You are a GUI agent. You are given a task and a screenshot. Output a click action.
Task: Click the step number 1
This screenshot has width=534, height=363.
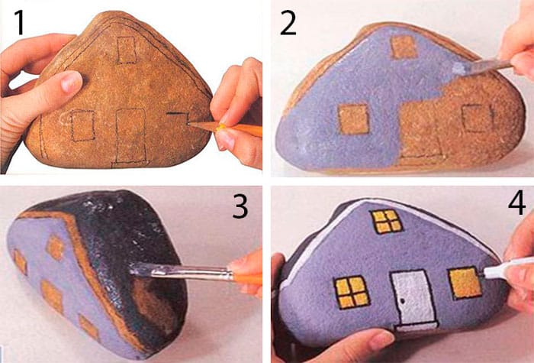pos(20,22)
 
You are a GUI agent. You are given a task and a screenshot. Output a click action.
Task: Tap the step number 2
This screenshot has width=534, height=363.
pos(288,23)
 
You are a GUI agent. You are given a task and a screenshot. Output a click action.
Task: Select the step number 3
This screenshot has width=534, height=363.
pos(240,206)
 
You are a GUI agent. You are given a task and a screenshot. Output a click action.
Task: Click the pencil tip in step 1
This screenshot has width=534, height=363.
pos(188,124)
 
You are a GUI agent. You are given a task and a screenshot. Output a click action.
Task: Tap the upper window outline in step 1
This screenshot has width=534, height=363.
pos(127,50)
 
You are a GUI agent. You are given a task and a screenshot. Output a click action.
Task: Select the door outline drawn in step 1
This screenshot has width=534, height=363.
pos(131,135)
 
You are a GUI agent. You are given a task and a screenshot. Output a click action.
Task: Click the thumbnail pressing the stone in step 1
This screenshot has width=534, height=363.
pos(70,83)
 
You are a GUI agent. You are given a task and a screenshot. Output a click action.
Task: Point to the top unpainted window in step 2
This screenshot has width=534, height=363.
pos(404,47)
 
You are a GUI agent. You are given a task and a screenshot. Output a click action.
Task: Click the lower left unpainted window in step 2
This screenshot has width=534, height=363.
pos(353,119)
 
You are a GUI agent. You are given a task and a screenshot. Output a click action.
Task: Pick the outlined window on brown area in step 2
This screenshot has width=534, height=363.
pos(478,118)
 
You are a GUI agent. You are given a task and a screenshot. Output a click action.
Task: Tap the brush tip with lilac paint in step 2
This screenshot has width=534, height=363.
pos(459,69)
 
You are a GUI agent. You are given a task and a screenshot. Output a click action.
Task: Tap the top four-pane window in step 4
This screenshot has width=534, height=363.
pos(387,221)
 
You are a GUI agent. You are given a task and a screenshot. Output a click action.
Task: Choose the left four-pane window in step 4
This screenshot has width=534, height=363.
pos(352,292)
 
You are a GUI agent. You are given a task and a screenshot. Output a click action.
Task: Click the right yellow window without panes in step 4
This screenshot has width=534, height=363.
pos(465,284)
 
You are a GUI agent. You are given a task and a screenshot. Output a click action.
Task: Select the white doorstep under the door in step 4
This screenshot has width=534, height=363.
pos(417,328)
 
